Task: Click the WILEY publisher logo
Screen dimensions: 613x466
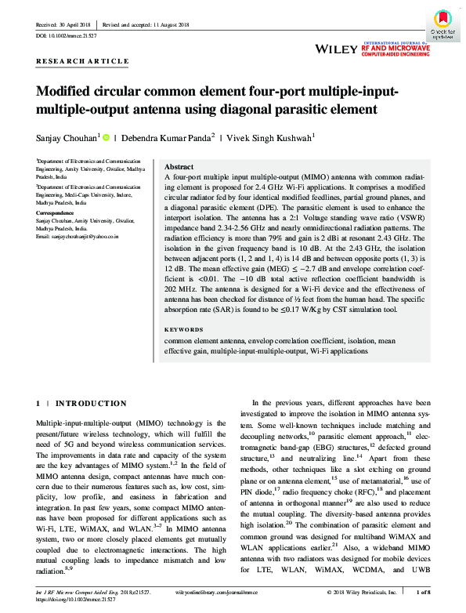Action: [x=336, y=49]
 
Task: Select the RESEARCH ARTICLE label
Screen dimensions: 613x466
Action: [x=82, y=61]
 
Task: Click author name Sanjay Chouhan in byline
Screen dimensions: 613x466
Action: [x=66, y=136]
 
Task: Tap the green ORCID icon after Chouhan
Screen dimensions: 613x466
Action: [x=106, y=136]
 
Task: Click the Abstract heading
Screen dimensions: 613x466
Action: [x=179, y=167]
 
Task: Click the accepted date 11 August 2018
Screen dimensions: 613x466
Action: [x=170, y=25]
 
